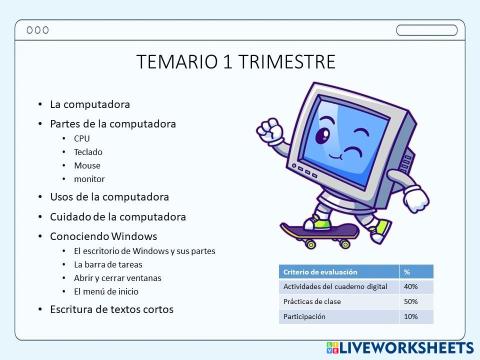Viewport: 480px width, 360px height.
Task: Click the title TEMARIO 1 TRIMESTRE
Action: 236,62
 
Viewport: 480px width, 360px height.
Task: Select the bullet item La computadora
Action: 90,104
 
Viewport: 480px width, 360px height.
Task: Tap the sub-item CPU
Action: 82,138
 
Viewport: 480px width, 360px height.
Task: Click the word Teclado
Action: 88,152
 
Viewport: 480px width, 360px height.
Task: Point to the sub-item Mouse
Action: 87,165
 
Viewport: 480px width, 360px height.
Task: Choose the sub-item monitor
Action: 90,179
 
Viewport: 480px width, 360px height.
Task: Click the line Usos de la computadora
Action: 109,197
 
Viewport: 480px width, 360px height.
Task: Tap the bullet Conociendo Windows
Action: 104,235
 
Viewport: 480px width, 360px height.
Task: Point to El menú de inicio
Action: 113,291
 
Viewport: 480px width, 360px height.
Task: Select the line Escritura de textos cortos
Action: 111,309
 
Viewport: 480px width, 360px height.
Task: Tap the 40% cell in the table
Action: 411,286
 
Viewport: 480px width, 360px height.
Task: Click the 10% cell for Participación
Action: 411,316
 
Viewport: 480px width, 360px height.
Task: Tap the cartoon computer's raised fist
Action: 267,130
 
